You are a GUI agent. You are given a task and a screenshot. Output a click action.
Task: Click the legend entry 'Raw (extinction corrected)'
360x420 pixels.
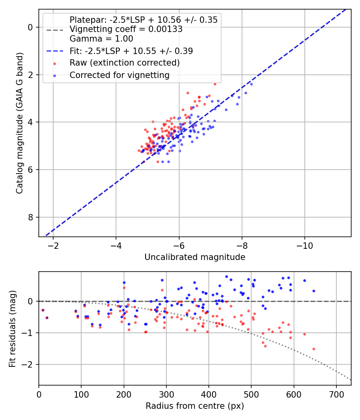[x=124, y=63]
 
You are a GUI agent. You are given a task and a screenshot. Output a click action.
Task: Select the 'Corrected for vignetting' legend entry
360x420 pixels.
[x=119, y=75]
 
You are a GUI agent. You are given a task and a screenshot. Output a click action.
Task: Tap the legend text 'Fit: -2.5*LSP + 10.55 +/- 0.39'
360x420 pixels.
[x=131, y=51]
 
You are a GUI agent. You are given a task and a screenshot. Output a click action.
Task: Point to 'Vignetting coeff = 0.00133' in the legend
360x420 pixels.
[x=126, y=29]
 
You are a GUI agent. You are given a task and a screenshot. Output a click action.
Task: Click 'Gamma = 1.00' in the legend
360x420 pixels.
[x=101, y=39]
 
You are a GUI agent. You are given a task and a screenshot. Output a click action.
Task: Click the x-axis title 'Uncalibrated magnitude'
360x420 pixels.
[x=195, y=257]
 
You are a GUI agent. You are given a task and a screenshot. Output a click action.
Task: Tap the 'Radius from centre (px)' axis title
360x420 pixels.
[x=195, y=406]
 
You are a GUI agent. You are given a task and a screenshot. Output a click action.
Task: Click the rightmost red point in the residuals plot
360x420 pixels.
[x=314, y=349]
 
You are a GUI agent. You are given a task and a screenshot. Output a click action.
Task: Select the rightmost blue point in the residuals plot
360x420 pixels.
[x=314, y=291]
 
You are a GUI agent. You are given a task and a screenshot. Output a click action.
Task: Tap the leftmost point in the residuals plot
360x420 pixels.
[x=43, y=310]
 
